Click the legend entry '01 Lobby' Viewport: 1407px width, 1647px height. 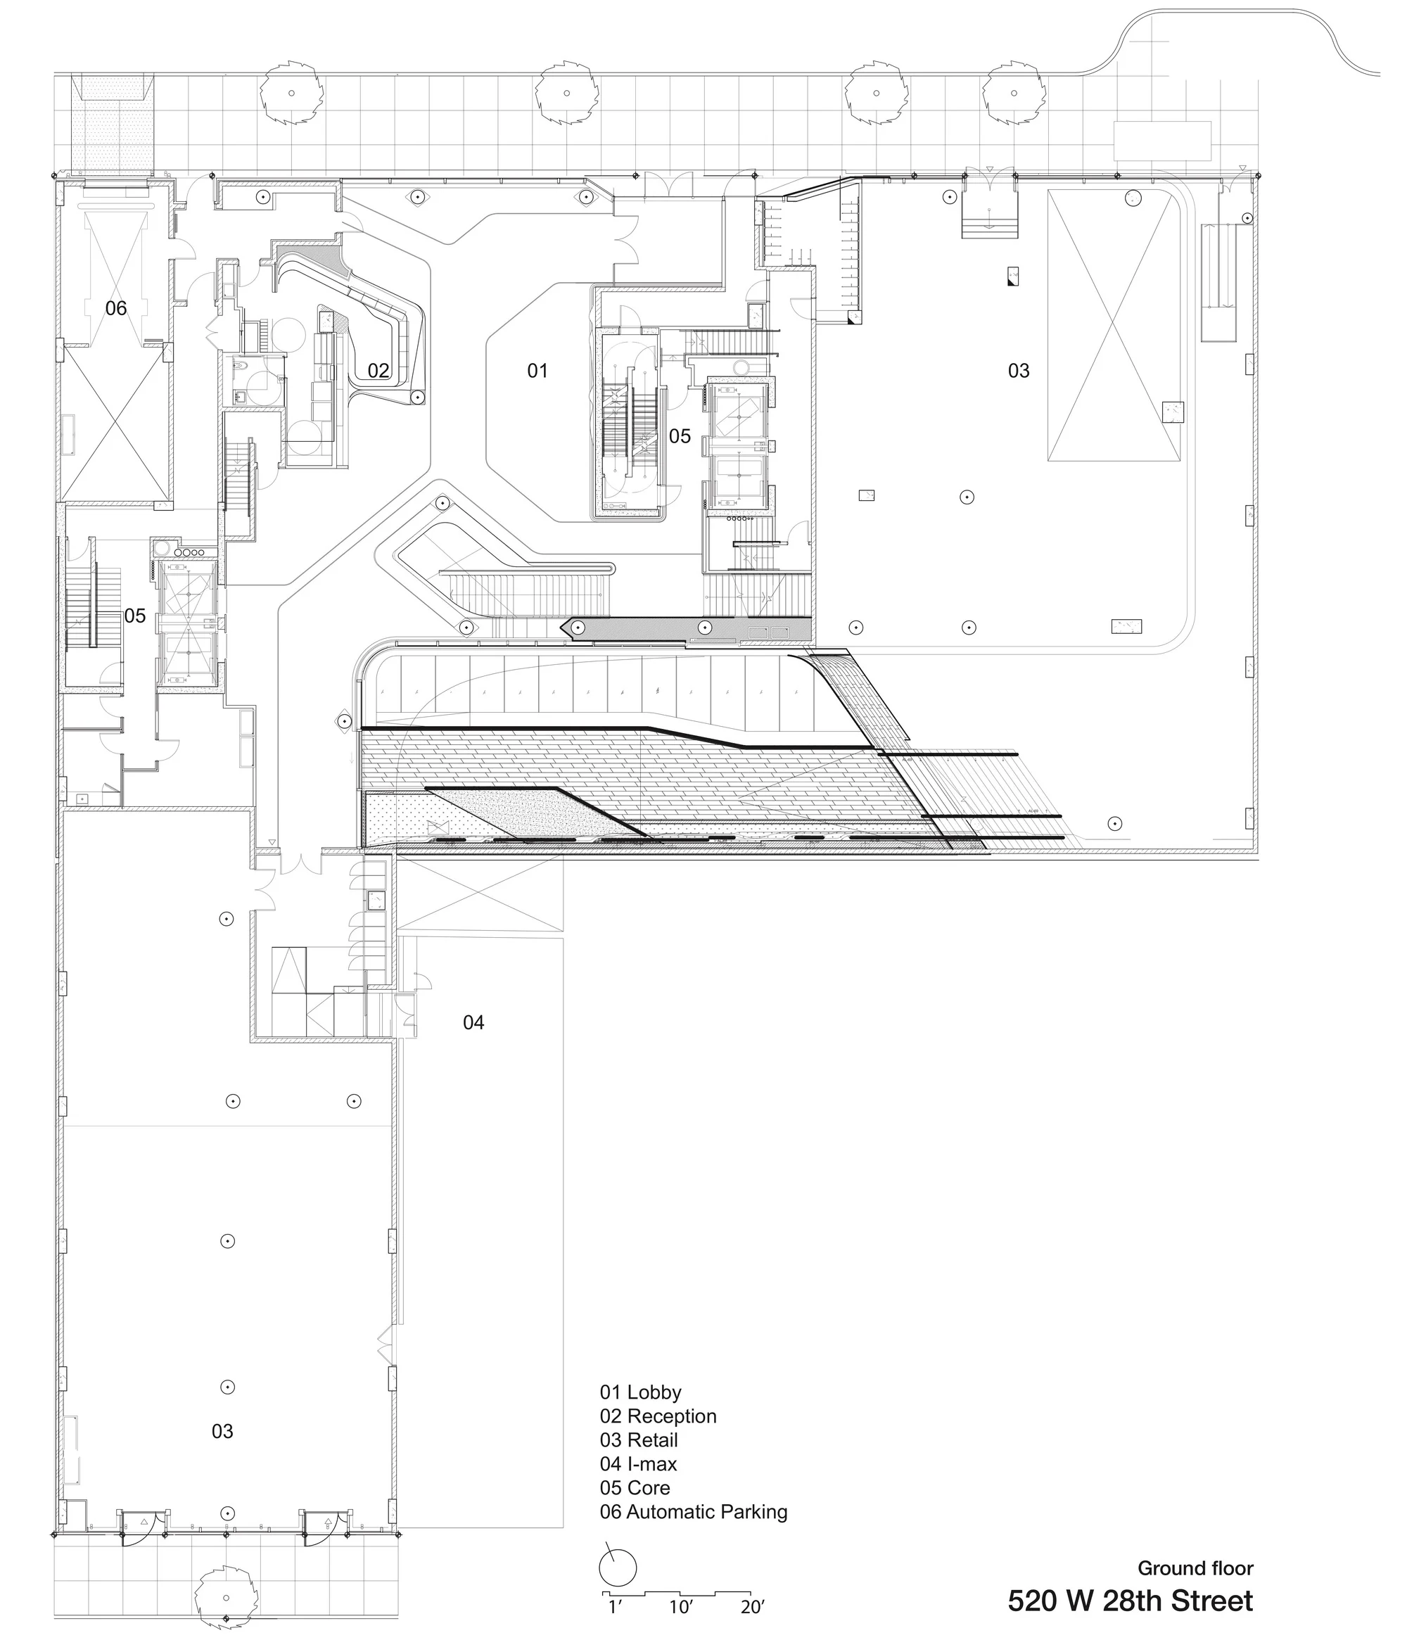click(641, 1392)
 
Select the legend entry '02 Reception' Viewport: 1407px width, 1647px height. click(658, 1416)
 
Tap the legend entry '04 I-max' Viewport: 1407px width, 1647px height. click(638, 1463)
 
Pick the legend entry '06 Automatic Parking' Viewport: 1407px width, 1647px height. click(693, 1512)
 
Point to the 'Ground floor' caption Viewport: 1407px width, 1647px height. click(1195, 1568)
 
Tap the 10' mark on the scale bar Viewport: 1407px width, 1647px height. click(681, 1608)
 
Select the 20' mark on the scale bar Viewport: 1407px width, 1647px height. click(752, 1608)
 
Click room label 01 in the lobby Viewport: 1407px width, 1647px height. click(537, 370)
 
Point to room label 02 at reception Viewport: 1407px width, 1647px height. click(378, 370)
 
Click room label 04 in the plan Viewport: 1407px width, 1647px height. click(473, 1022)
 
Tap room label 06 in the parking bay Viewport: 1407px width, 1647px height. click(116, 308)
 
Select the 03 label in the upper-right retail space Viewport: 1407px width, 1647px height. click(1018, 370)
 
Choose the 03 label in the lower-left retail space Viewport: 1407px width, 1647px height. click(222, 1432)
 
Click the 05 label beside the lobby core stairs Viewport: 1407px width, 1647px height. click(680, 435)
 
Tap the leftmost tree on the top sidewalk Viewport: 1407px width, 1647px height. click(292, 93)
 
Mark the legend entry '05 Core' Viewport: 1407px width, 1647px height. click(635, 1487)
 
